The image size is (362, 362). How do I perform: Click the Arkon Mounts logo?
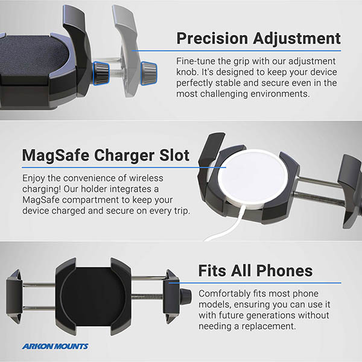coord(55,346)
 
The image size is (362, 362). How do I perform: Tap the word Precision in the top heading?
coord(212,39)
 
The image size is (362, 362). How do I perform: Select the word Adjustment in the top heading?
coord(297,39)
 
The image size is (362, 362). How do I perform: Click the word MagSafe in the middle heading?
coord(56,156)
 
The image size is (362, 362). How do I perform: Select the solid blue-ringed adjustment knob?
coord(101,73)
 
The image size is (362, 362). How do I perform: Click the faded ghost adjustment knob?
coord(149,73)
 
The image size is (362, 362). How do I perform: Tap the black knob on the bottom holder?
coord(185,297)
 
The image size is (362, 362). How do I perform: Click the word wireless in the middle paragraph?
coord(146,178)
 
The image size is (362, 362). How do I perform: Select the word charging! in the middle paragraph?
coord(42,189)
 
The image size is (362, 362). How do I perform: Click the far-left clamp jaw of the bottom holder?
coord(14,297)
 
